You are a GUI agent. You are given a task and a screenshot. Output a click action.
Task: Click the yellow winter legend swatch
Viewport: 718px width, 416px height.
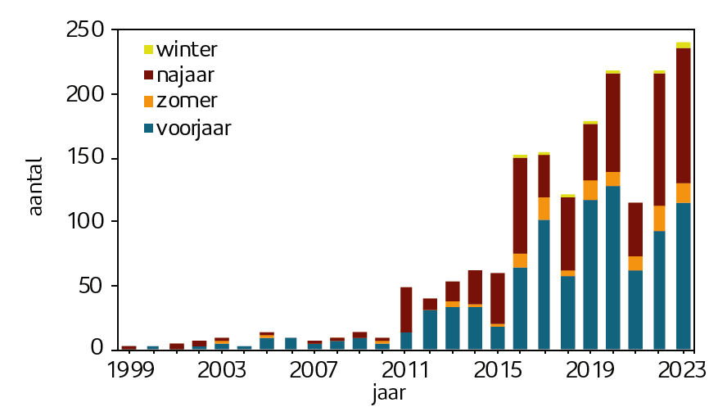pos(148,50)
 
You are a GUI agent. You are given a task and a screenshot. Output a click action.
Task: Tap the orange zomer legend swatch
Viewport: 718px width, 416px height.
pos(148,102)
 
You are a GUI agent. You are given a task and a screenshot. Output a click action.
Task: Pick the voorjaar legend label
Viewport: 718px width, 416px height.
pos(194,128)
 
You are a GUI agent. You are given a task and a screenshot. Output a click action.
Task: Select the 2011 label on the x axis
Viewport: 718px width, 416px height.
pos(406,369)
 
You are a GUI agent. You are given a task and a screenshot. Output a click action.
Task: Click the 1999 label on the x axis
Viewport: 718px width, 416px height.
pos(131,369)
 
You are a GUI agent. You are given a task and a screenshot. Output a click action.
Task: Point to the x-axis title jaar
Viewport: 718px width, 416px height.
pos(389,394)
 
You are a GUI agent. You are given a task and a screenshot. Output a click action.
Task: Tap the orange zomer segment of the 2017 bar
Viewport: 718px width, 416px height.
pos(544,208)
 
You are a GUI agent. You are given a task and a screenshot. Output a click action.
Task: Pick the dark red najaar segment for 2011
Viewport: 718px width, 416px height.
pos(406,310)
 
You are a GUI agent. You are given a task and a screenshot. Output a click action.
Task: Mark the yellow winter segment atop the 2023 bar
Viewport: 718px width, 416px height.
pos(683,45)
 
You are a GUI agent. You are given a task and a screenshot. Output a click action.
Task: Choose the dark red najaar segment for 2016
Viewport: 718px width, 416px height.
pos(521,206)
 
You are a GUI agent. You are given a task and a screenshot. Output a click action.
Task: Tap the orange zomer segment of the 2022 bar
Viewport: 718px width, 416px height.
pos(659,217)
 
